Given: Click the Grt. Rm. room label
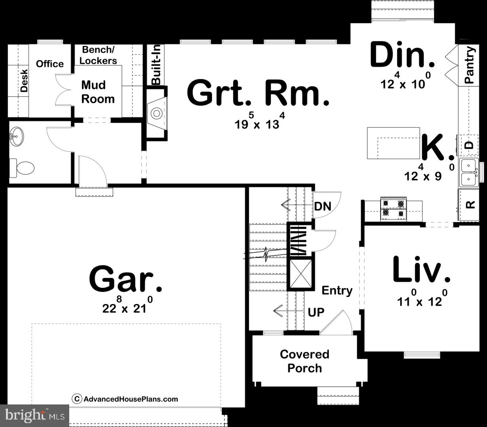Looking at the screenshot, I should [258, 93].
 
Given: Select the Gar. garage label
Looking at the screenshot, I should [125, 279].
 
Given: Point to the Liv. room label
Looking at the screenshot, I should [421, 270].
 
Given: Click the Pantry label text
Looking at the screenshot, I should [469, 65].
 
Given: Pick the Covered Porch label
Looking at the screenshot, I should [304, 361].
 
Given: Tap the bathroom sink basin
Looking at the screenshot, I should [17, 137].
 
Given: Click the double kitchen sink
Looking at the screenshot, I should [469, 173].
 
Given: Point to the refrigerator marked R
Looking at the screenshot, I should [470, 205].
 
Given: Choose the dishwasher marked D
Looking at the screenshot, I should [469, 145].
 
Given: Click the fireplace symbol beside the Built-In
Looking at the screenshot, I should [157, 113].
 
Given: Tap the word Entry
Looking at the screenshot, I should [337, 291].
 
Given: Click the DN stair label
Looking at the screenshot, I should [322, 206].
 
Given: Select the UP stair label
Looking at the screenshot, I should [316, 312].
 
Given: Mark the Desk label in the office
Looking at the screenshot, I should [24, 81].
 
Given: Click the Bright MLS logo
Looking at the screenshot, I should [35, 415].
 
